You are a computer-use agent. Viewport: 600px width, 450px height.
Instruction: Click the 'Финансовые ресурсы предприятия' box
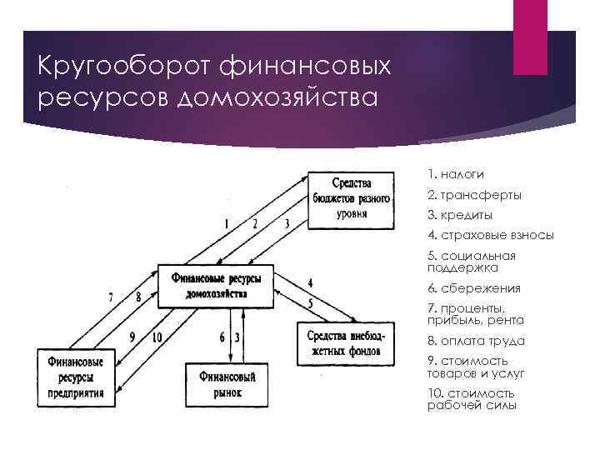click(76, 377)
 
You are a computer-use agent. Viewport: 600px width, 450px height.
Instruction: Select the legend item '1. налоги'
click(455, 174)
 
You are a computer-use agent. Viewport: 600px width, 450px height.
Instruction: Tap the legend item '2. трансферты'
click(474, 195)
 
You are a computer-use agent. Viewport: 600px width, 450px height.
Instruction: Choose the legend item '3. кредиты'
click(459, 215)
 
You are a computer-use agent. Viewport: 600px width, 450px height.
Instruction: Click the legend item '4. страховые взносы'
click(490, 235)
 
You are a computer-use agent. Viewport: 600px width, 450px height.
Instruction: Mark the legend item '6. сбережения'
click(473, 287)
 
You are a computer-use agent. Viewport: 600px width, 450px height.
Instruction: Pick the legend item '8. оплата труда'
click(476, 341)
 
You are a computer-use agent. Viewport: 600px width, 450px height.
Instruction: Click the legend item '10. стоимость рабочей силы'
click(472, 399)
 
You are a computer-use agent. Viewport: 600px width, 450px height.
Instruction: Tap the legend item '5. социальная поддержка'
click(472, 262)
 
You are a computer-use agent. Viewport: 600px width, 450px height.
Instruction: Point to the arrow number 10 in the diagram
click(157, 337)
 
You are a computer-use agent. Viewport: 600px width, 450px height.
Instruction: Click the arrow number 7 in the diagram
click(111, 297)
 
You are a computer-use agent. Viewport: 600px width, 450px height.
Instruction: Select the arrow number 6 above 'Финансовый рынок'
click(222, 337)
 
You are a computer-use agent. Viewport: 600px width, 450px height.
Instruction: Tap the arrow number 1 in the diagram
click(226, 223)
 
